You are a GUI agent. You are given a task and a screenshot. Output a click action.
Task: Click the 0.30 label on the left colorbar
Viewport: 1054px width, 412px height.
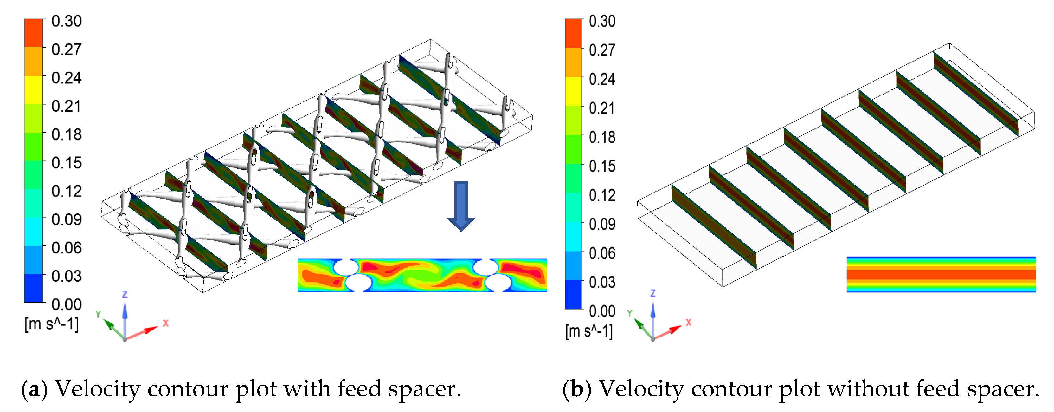click(x=66, y=21)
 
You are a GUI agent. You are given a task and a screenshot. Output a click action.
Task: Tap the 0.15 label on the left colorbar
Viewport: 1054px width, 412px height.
click(x=66, y=163)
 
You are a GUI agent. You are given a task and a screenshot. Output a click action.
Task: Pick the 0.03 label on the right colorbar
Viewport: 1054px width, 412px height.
click(x=602, y=283)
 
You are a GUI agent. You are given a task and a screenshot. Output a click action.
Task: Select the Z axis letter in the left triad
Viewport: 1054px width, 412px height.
click(x=125, y=294)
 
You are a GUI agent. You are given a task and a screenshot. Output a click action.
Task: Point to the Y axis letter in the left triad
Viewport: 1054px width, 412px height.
click(x=98, y=314)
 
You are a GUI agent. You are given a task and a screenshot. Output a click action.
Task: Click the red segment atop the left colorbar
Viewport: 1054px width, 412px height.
click(x=33, y=33)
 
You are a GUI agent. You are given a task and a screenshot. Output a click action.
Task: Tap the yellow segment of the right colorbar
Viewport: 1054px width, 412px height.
click(x=573, y=91)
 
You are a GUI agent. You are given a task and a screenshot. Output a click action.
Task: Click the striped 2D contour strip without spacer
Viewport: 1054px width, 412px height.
click(x=941, y=274)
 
